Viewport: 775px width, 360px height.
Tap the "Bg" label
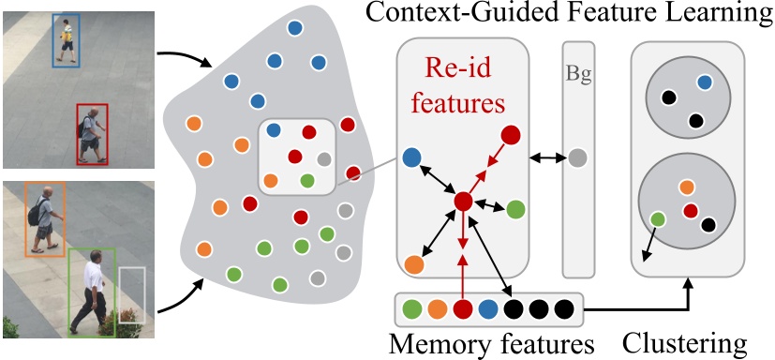[x=577, y=74]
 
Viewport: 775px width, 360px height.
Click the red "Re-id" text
[x=460, y=69]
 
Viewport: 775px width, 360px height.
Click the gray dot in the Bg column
[x=578, y=158]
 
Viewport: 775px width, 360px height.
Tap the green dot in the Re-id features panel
[x=515, y=209]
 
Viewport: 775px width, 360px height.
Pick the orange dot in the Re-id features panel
[x=413, y=265]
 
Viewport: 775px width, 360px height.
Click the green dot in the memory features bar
[x=410, y=307]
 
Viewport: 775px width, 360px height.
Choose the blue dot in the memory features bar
[x=487, y=307]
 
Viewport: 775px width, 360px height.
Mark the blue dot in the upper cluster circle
[x=703, y=83]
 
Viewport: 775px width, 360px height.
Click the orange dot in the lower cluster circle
[x=687, y=187]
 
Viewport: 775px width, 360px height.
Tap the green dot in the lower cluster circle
[x=658, y=219]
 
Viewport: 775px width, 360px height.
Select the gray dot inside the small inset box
[x=323, y=158]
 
